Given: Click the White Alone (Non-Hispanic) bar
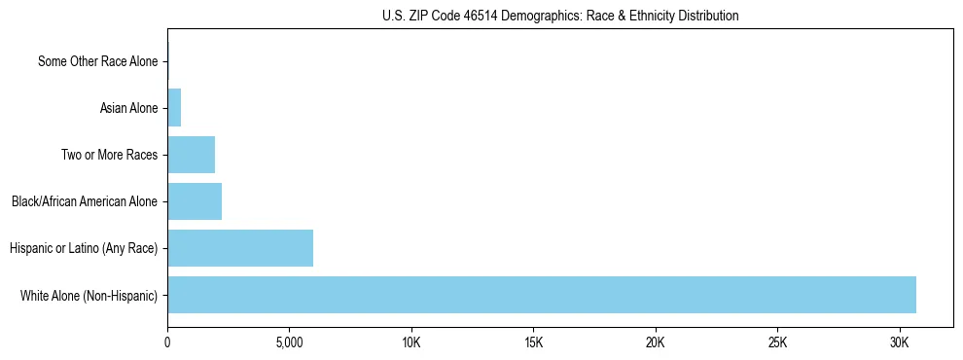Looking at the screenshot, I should pos(541,295).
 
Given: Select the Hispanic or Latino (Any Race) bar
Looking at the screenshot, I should pos(240,248).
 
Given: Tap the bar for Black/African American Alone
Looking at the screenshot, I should pos(195,201).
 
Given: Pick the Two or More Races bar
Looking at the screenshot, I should pos(191,155).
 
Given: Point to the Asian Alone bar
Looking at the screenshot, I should pos(174,108).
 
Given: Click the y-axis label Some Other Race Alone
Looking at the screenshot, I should pos(97,61).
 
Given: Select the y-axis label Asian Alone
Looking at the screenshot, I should pos(128,108).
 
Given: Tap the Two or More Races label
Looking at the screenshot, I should pos(109,155).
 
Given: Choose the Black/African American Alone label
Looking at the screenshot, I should pos(85,201).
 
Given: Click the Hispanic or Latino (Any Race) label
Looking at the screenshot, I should pos(84,248).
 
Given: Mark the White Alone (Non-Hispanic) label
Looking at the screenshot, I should pos(89,295).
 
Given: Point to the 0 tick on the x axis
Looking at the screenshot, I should pos(167,343).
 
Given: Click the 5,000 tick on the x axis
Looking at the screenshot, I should pos(289,343).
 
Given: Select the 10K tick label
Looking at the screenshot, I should pos(411,343).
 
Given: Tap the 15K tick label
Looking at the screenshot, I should pos(533,343).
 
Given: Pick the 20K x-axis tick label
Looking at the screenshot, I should pos(656,343).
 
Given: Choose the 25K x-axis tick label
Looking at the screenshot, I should pos(777,343).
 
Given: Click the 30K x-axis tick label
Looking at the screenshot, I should pos(900,343).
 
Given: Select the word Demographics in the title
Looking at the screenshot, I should pos(536,16).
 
